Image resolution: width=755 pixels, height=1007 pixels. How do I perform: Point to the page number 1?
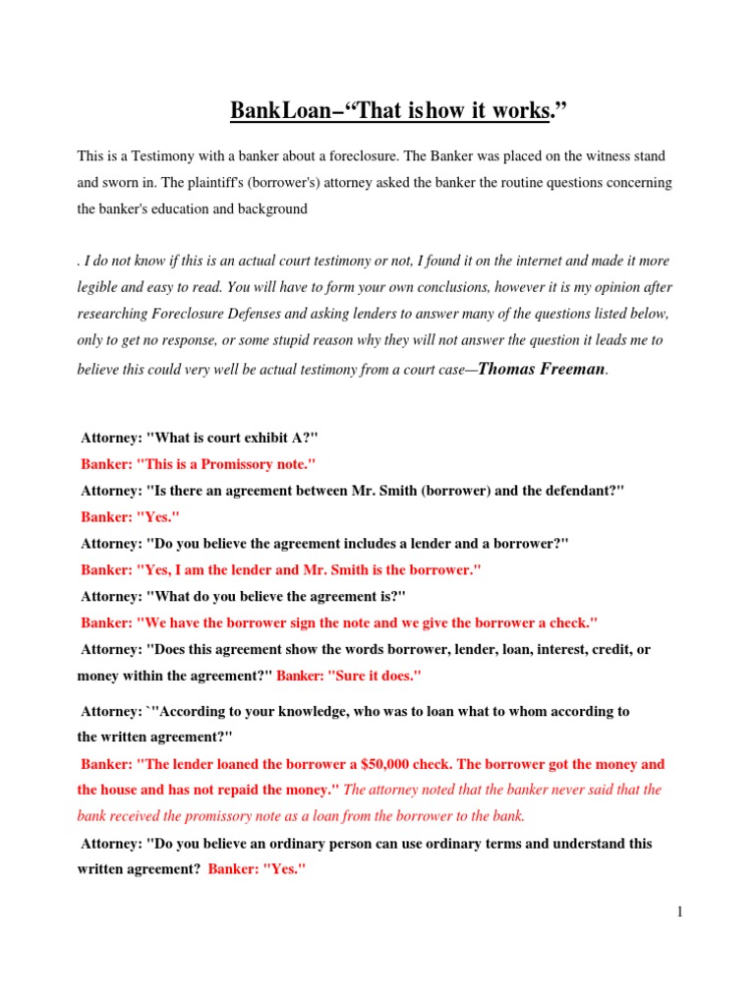[x=679, y=912]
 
